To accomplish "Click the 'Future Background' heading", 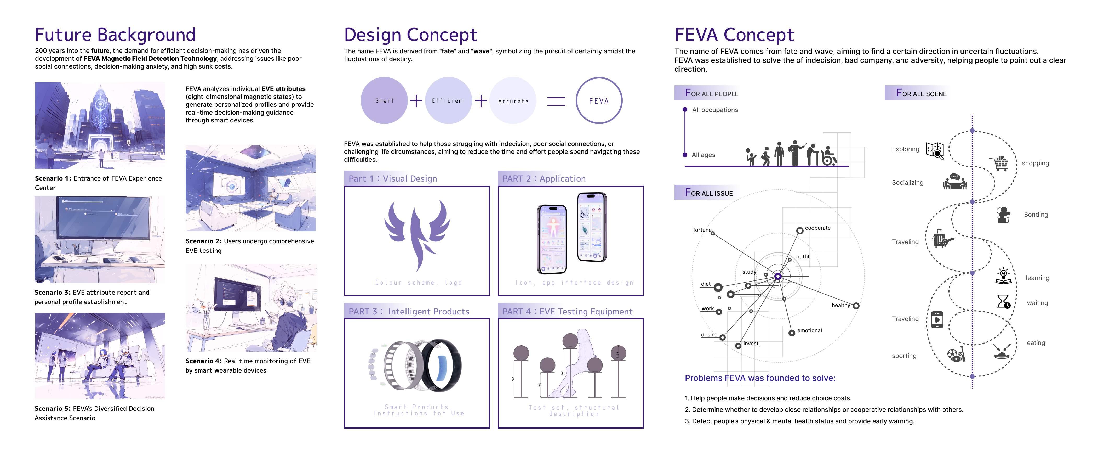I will pyautogui.click(x=115, y=35).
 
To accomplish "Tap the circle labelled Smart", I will pyautogui.click(x=384, y=101).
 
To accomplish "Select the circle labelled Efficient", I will pyautogui.click(x=448, y=101).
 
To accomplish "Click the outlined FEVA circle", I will pyautogui.click(x=599, y=101).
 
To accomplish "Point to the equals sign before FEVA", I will pyautogui.click(x=556, y=101).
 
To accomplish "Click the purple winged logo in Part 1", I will pyautogui.click(x=417, y=233).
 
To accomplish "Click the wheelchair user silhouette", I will pyautogui.click(x=829, y=156).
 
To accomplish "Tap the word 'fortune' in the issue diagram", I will pyautogui.click(x=702, y=230).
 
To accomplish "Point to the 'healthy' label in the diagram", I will pyautogui.click(x=840, y=305).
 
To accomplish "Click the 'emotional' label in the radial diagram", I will pyautogui.click(x=809, y=331).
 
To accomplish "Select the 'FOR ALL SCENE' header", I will pyautogui.click(x=921, y=93).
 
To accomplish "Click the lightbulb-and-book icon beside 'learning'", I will pyautogui.click(x=1003, y=276).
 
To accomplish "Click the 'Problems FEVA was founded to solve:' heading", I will pyautogui.click(x=759, y=378).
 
